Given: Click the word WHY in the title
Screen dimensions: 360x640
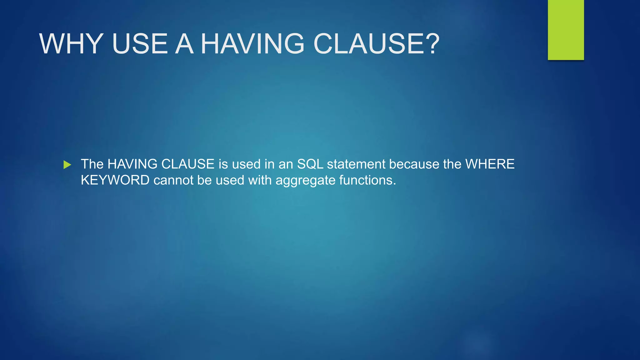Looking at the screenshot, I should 71,44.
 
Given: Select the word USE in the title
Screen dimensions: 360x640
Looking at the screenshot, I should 140,44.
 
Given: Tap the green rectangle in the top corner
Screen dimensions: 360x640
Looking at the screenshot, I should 566,30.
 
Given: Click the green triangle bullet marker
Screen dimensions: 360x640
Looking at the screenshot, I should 67,165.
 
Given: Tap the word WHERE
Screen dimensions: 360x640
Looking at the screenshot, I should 490,164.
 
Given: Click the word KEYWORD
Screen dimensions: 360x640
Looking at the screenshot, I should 115,180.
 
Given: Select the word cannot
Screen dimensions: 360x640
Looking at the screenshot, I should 173,180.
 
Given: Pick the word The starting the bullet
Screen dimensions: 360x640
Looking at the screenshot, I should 92,164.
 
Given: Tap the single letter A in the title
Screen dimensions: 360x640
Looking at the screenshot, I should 184,44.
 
